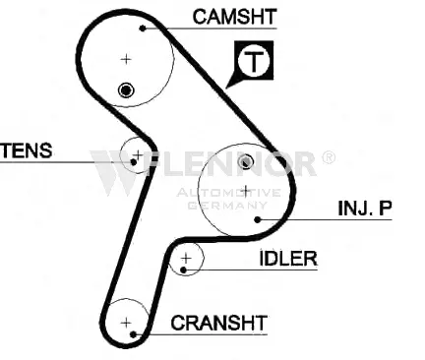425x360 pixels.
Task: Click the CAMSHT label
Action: pos(234,17)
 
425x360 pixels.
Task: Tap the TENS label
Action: pos(27,150)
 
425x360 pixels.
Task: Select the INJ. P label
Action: pos(365,208)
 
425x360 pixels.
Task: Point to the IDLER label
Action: pos(288,259)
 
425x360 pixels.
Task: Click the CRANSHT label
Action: pos(218,323)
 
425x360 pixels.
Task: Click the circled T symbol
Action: pos(254,61)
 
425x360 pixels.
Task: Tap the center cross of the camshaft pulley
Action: pos(126,59)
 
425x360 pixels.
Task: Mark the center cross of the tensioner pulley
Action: pos(138,154)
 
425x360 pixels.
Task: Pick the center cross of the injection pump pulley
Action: pos(246,190)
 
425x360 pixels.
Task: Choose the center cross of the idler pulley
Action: pos(186,259)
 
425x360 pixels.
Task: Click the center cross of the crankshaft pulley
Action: pos(126,323)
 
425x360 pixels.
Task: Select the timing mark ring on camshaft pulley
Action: pos(126,90)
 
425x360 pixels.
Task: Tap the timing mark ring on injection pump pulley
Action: pos(245,161)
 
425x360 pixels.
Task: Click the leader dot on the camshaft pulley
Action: pos(143,29)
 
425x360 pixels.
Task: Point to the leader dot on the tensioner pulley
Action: pos(134,162)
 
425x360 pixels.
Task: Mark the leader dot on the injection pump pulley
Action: pos(258,219)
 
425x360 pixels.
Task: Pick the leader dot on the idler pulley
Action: pos(184,270)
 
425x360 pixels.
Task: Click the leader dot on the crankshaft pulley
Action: pos(133,334)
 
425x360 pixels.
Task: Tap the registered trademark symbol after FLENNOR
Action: pos(329,157)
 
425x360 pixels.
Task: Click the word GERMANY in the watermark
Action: pos(228,206)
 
